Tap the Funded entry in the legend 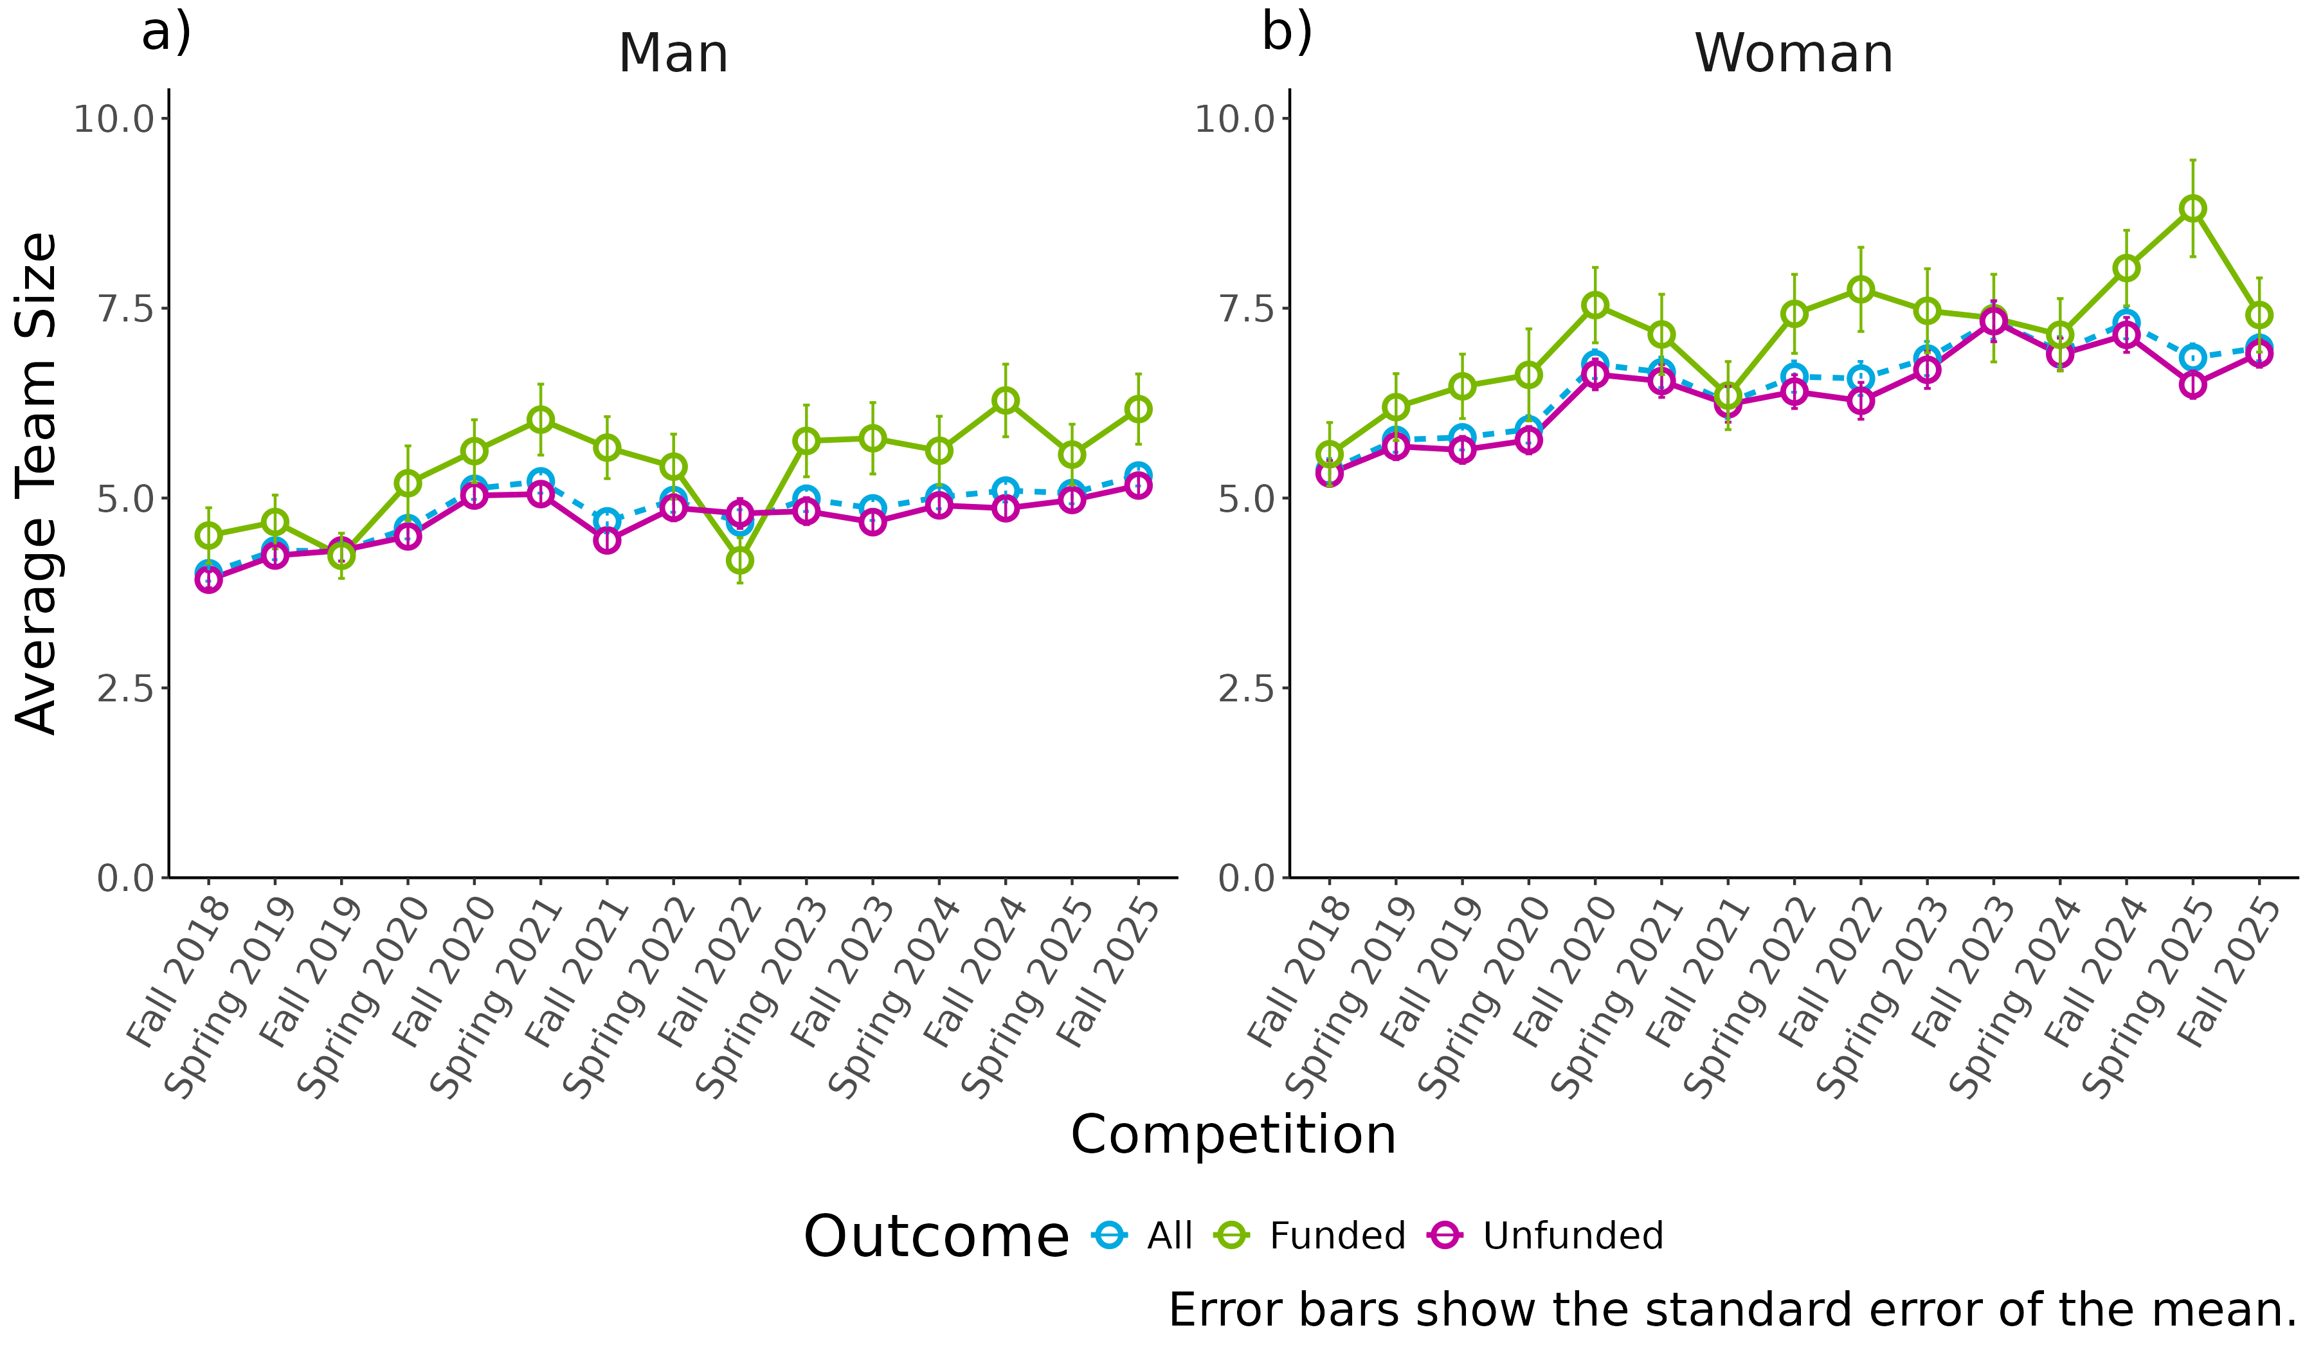1337,1236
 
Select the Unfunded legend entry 1572,1236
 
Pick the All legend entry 1168,1236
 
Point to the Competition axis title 1233,1135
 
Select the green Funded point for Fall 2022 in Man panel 740,560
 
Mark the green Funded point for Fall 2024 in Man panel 1006,401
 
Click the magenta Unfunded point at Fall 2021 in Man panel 607,540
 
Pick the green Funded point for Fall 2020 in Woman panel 1595,305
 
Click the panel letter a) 166,33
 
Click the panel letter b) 1287,33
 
